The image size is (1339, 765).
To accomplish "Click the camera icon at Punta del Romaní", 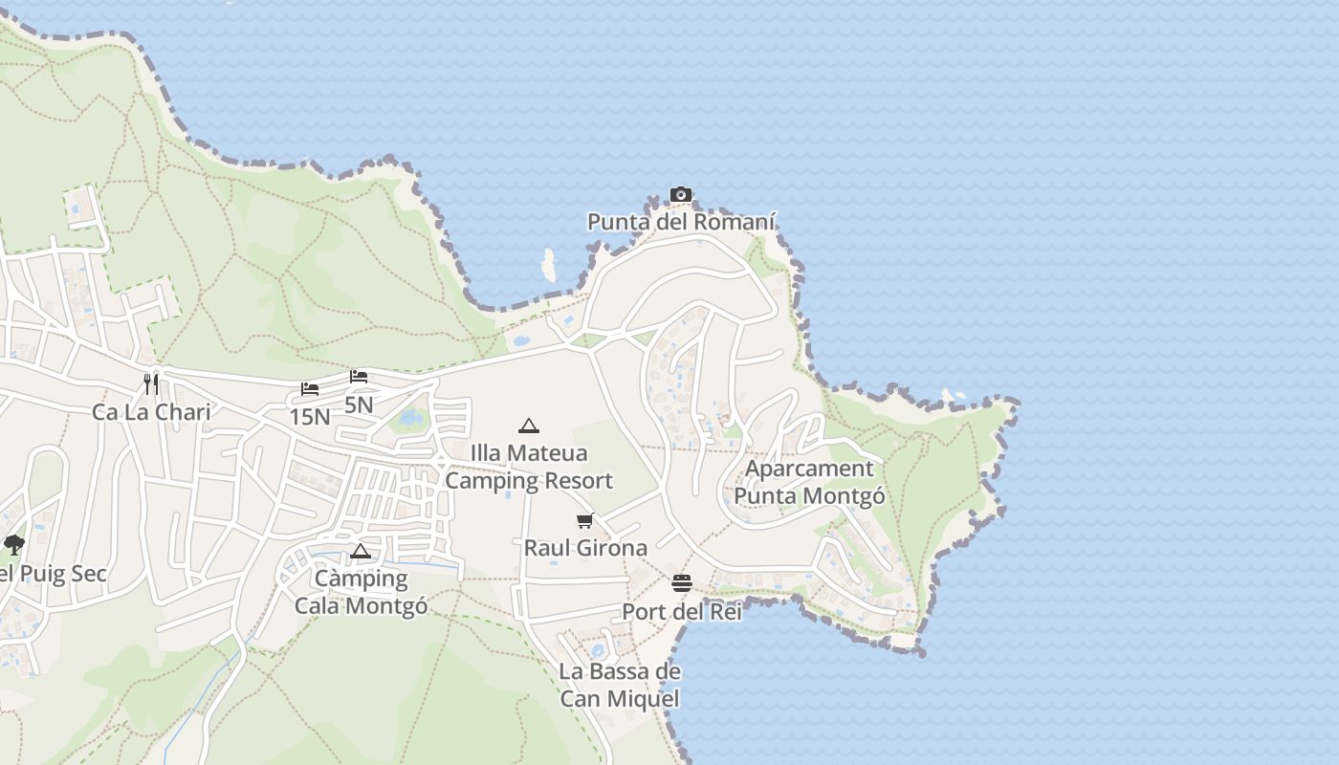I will [681, 195].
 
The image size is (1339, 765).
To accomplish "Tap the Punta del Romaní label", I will [681, 223].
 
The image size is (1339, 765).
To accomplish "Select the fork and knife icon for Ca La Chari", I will [151, 384].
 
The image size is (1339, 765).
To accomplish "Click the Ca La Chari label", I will [151, 412].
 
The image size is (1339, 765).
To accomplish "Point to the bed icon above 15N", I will [310, 389].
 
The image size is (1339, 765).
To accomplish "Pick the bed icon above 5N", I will [359, 377].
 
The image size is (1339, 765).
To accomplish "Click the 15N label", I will [310, 417].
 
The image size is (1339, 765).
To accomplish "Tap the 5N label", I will [359, 404].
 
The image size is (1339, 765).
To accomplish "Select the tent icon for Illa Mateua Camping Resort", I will [529, 426].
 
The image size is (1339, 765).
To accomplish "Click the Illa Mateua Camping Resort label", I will [529, 467].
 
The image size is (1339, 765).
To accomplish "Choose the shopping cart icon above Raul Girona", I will [585, 521].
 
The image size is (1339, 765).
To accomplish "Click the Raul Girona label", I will [585, 548].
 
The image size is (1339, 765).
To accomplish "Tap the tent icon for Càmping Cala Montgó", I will [360, 551].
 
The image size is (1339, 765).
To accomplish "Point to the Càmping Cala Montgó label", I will [361, 592].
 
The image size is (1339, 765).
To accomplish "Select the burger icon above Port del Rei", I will [682, 583].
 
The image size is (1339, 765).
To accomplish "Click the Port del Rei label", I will [682, 612].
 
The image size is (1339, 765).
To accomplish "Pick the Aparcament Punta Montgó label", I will [809, 482].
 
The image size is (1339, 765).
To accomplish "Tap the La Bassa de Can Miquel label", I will [620, 685].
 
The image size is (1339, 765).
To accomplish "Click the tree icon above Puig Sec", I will [13, 545].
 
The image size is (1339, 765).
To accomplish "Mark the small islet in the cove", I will [549, 265].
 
